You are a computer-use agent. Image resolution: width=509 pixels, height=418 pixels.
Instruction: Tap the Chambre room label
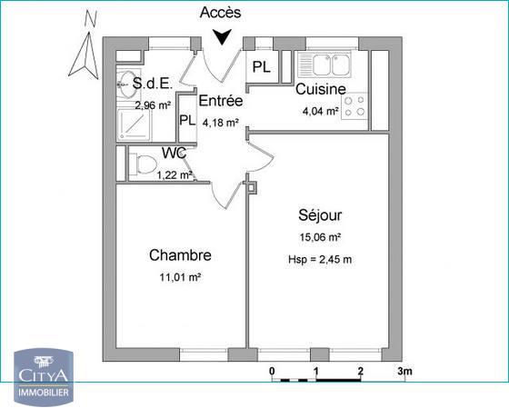tap(181, 255)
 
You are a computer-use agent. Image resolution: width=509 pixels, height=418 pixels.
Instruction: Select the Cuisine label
tap(320, 89)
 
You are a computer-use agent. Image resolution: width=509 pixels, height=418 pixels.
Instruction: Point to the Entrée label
tap(220, 102)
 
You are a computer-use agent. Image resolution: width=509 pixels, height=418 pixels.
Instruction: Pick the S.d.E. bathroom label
tap(153, 85)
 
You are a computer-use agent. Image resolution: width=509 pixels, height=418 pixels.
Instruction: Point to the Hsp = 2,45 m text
tap(320, 261)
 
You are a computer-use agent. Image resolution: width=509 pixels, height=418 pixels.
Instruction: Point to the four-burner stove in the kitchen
tap(356, 107)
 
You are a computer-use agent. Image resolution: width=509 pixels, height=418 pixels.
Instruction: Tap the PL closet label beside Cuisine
tap(261, 67)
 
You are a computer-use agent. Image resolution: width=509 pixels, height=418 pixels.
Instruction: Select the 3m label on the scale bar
tap(404, 372)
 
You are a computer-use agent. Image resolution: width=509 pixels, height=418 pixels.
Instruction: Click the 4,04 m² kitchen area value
tap(320, 112)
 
